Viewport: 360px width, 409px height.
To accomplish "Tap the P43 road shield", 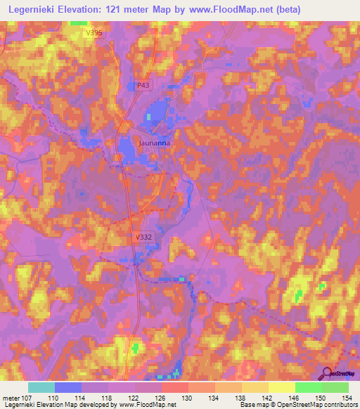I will (x=143, y=85).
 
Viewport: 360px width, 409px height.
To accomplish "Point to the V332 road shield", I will (x=143, y=238).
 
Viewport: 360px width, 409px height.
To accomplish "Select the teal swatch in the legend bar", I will (x=41, y=387).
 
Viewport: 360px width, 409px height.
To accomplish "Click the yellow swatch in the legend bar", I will (x=282, y=387).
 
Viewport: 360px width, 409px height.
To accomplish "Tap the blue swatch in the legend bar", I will (x=68, y=387).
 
